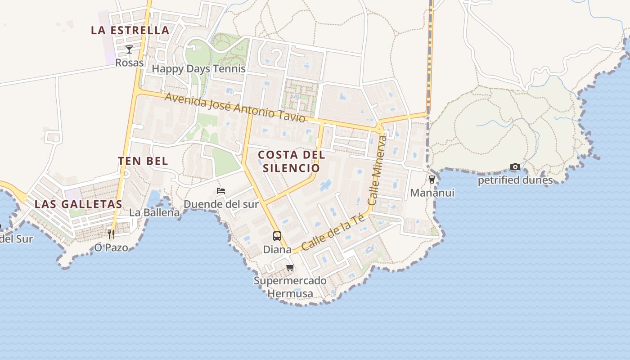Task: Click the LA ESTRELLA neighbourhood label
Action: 130,31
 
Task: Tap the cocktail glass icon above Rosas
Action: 129,49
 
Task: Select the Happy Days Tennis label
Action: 198,69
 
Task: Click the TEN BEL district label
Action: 143,161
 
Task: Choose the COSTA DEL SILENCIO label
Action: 291,162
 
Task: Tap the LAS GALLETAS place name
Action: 78,204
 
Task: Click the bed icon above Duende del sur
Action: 220,191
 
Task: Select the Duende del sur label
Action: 221,204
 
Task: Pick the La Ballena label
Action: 154,212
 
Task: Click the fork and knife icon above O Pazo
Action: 111,234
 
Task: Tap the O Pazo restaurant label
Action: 111,247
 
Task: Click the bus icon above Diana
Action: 277,236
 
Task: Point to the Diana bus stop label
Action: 277,249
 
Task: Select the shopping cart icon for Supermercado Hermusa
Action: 290,268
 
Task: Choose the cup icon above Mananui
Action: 432,180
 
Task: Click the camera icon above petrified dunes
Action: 515,167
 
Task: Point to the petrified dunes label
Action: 515,180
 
